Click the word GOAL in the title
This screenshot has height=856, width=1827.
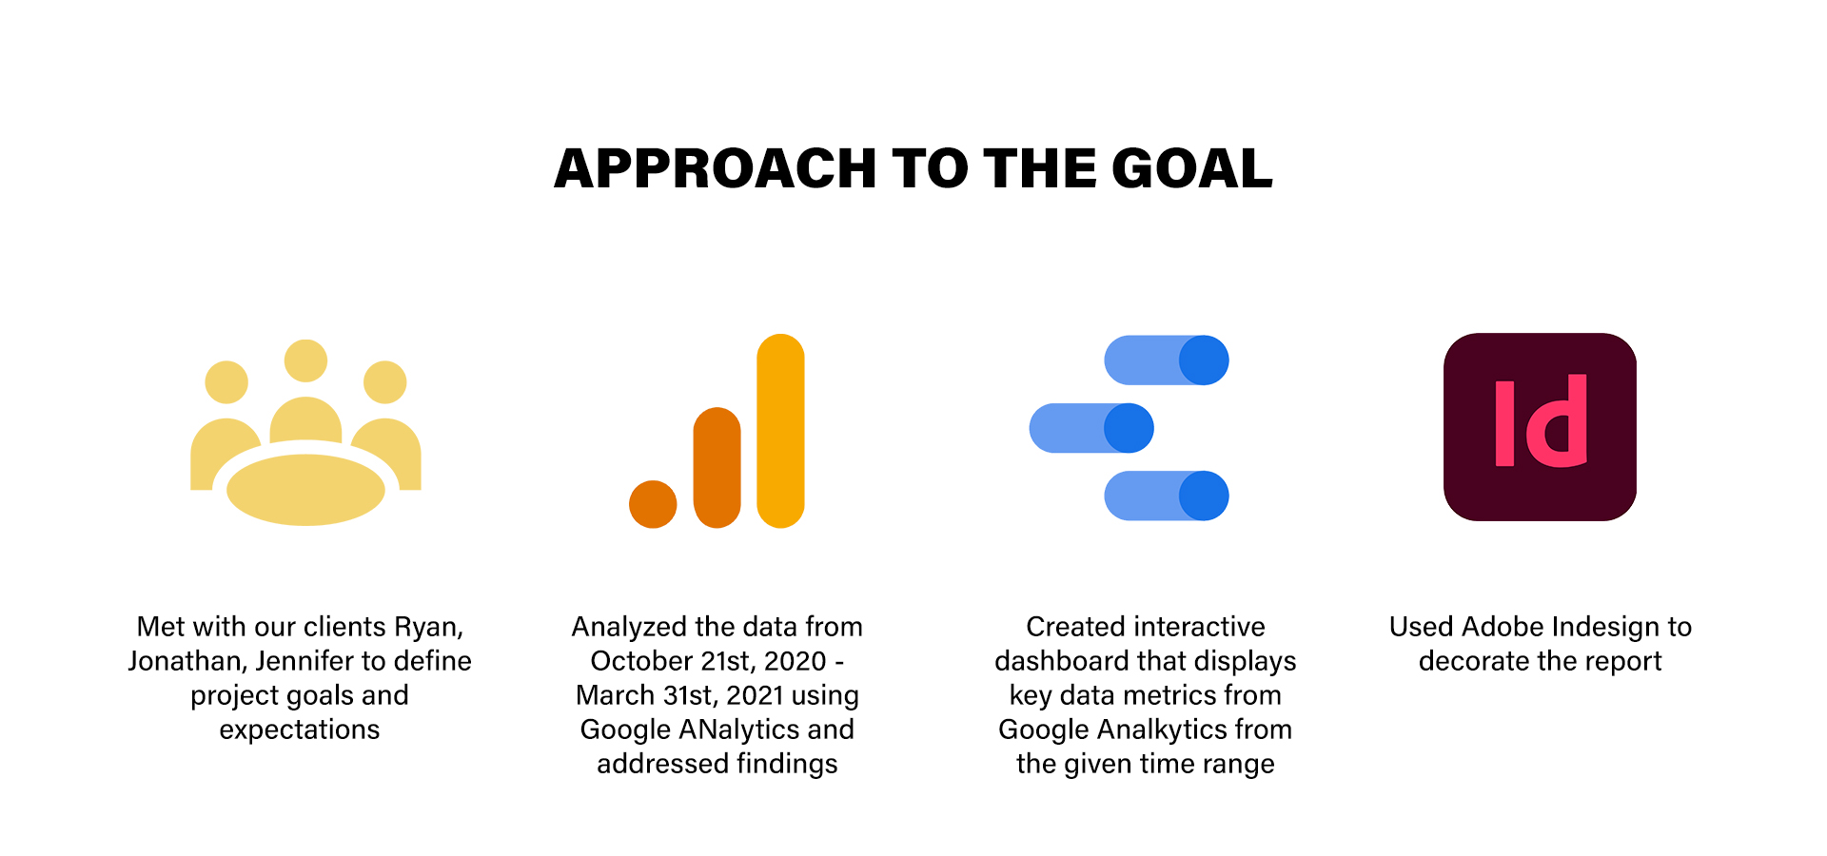[x=1191, y=168]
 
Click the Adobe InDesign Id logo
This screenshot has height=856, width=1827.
[x=1540, y=426]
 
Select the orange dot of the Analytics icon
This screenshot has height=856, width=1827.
[x=653, y=504]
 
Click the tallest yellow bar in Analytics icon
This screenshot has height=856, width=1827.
[x=780, y=431]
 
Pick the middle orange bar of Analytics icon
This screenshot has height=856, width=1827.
[x=717, y=467]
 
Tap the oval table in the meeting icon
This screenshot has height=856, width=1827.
[x=305, y=490]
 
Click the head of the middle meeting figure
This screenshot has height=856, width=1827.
[x=305, y=361]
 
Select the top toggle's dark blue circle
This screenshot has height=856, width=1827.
[x=1204, y=360]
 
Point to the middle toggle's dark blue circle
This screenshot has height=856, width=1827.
[x=1129, y=428]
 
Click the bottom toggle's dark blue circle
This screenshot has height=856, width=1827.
[x=1204, y=496]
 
